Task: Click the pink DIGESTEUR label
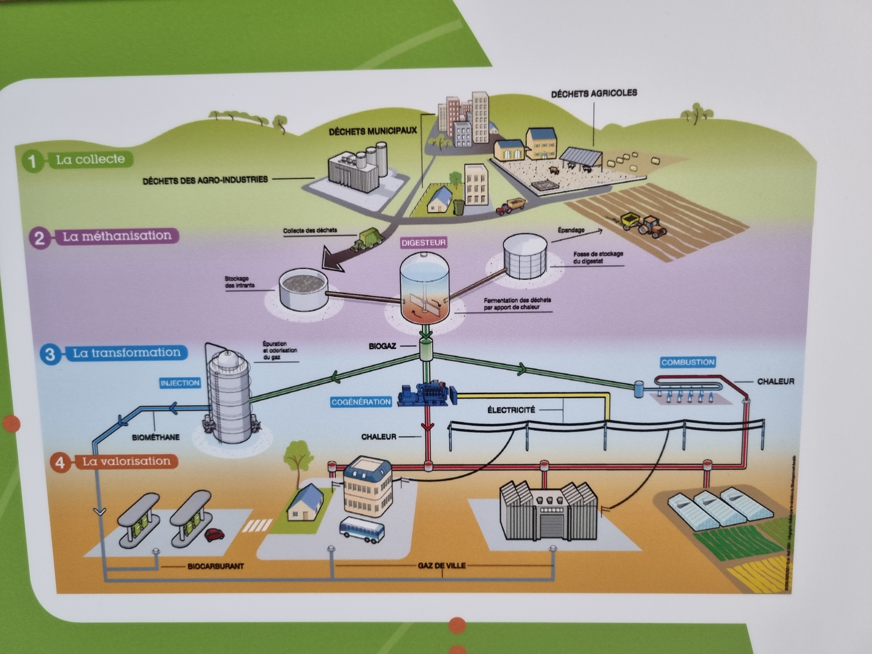tap(423, 242)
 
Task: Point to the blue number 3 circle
tap(50, 354)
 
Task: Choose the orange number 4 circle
tap(59, 462)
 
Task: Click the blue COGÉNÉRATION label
tap(361, 402)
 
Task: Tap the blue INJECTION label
tap(180, 383)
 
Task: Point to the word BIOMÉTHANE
tap(156, 437)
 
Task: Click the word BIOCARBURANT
tap(216, 566)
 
